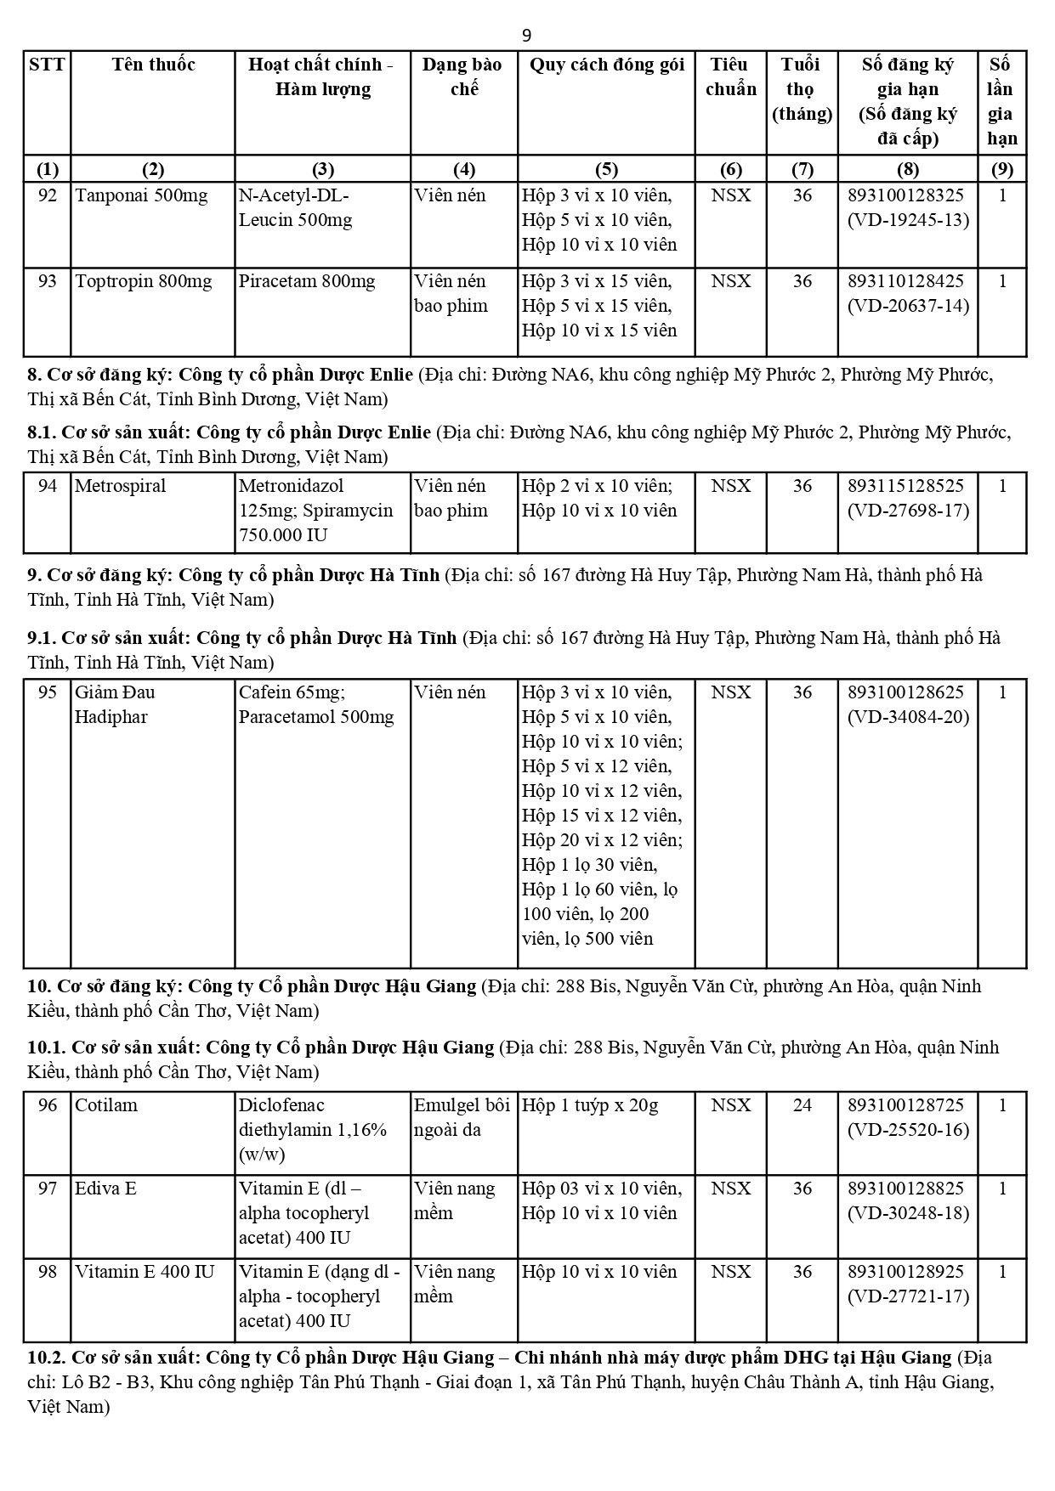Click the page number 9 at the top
click(527, 35)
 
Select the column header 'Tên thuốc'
click(153, 65)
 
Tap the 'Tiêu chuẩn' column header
click(730, 76)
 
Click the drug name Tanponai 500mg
click(141, 195)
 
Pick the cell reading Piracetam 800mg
click(307, 281)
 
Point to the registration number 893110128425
click(906, 281)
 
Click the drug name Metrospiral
click(121, 486)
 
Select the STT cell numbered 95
click(48, 692)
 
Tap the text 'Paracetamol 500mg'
click(316, 717)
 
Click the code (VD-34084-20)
click(908, 717)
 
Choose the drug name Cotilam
click(106, 1105)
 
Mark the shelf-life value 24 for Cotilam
click(802, 1105)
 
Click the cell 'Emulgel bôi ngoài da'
click(462, 1117)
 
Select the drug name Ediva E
click(105, 1189)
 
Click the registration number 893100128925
click(906, 1272)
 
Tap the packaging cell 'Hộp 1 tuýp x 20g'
click(590, 1105)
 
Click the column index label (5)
click(606, 168)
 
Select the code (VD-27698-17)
click(908, 511)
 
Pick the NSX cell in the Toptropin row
click(730, 281)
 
